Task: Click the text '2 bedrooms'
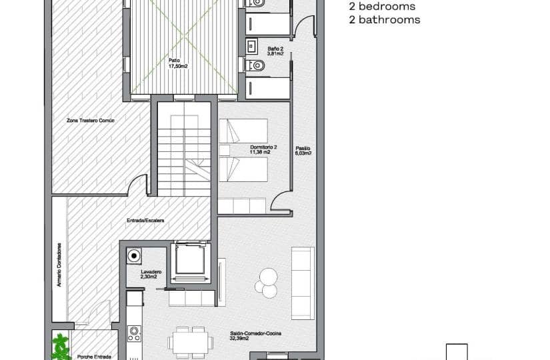pos(382,7)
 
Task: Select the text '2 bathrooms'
pos(385,20)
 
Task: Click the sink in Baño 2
pos(253,46)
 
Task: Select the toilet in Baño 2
pos(258,66)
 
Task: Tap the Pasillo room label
pos(303,151)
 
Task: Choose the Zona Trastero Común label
pos(91,121)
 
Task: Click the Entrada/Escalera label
pos(145,221)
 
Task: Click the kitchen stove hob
pos(134,331)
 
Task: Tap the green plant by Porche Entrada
pos(61,346)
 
